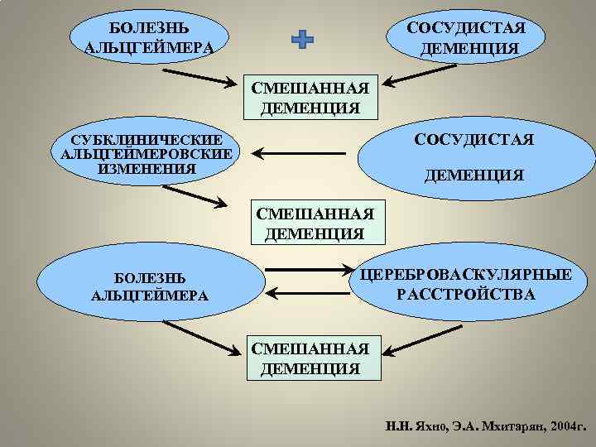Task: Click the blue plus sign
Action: coord(303,40)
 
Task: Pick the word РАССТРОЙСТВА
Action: coord(466,295)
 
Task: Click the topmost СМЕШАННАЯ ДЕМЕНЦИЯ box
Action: coord(310,97)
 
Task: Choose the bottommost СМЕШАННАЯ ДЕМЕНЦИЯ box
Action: coord(310,358)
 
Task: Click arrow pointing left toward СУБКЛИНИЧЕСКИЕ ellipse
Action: coord(299,153)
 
